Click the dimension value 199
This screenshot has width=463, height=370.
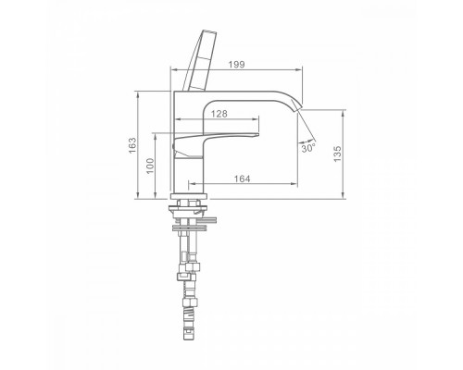(x=236, y=65)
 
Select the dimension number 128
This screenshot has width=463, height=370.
(x=219, y=114)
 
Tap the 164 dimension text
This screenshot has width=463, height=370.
(x=243, y=179)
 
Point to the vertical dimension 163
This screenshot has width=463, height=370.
(x=132, y=145)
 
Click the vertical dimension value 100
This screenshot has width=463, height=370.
(x=150, y=166)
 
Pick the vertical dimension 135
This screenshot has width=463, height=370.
(x=338, y=154)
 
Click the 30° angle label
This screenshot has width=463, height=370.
(x=308, y=148)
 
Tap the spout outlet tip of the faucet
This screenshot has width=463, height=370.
(x=298, y=108)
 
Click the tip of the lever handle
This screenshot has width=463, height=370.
(x=257, y=134)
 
